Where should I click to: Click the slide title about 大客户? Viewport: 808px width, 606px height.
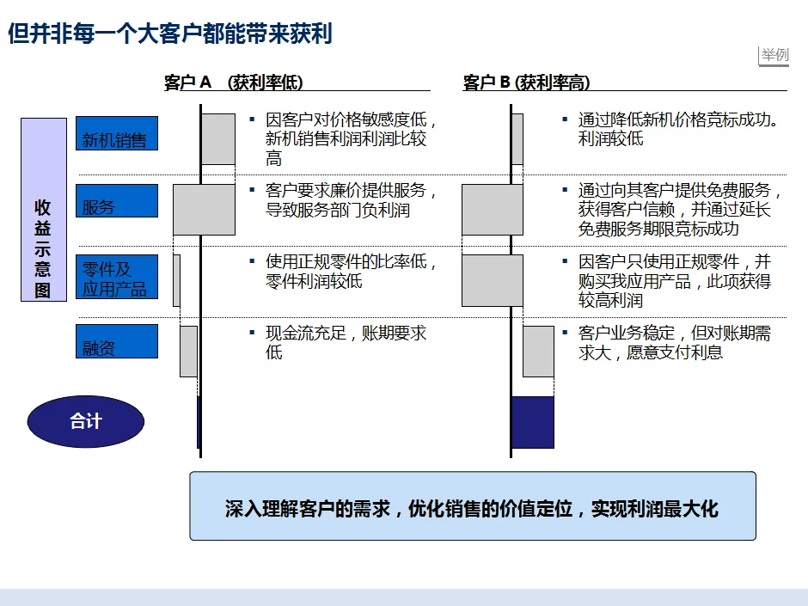click(x=169, y=34)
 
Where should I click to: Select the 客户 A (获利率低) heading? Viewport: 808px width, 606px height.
click(x=234, y=83)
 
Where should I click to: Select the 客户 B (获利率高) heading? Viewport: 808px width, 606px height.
click(x=526, y=83)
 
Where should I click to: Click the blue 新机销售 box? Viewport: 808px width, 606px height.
click(x=117, y=133)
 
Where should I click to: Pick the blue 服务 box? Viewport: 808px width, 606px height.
click(x=117, y=200)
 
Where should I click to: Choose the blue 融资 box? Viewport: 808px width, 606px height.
click(x=117, y=341)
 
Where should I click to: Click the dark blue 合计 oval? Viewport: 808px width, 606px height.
click(x=86, y=421)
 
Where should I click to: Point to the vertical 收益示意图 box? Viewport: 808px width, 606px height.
click(x=44, y=210)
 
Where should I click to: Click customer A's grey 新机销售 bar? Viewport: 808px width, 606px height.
click(x=218, y=139)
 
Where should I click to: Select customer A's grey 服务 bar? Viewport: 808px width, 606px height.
click(x=205, y=209)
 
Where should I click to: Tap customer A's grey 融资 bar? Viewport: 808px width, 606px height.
click(x=188, y=351)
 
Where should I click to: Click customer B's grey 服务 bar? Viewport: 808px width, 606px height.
click(x=493, y=209)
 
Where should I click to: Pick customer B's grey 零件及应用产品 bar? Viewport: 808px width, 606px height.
click(x=493, y=280)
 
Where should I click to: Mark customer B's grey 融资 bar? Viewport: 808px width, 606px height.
click(x=538, y=351)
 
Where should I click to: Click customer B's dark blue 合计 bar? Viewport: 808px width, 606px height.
click(x=533, y=422)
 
